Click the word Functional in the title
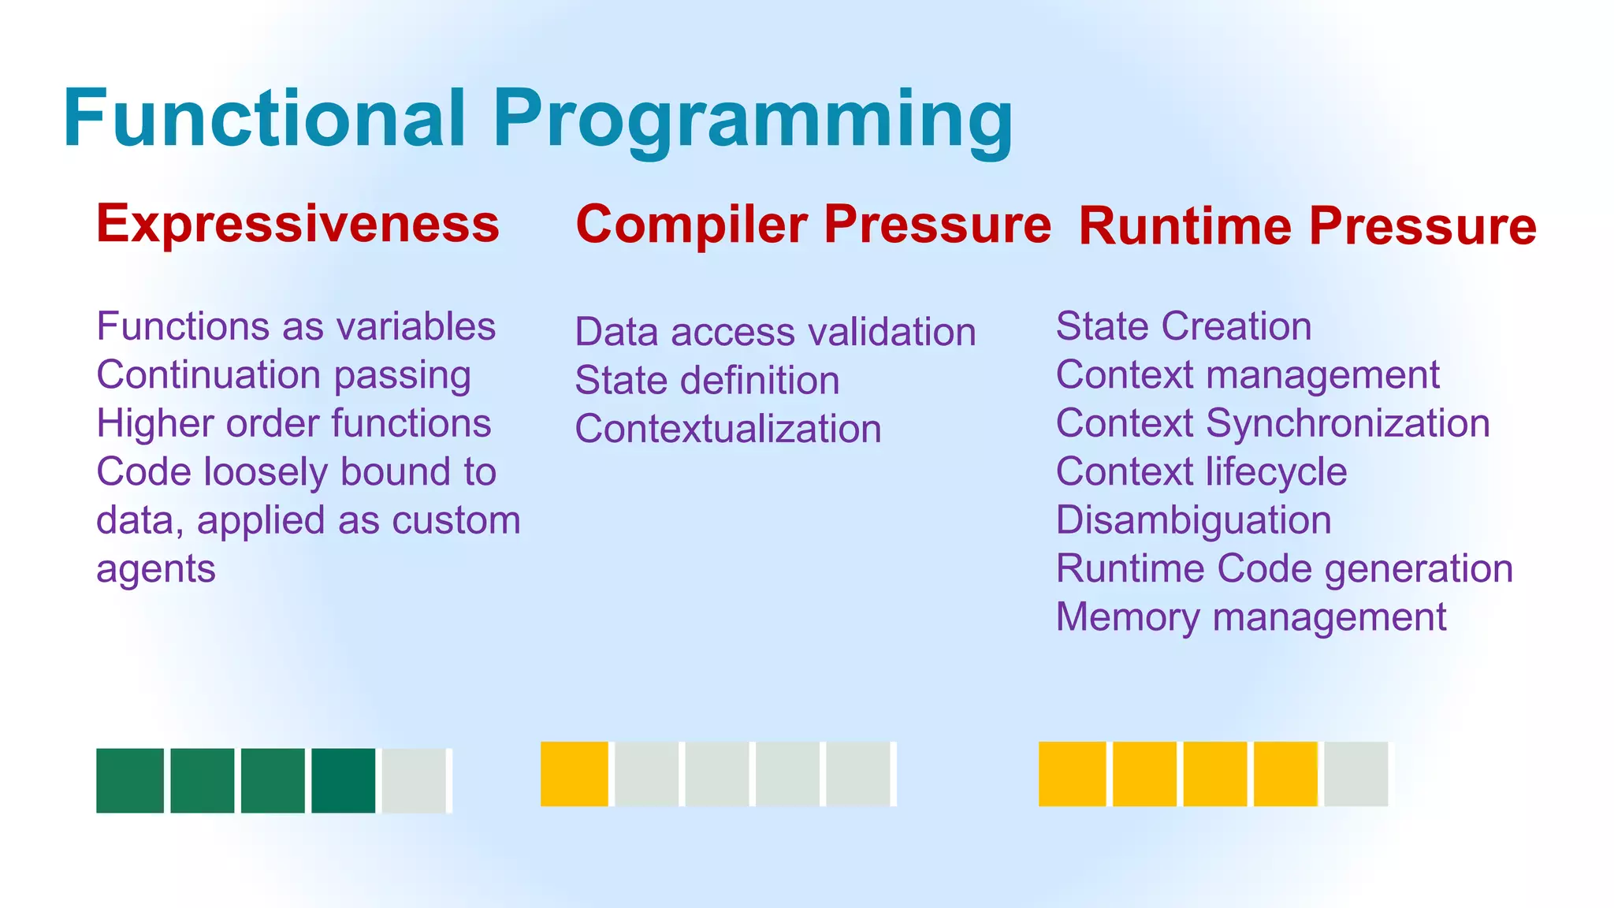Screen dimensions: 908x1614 click(264, 118)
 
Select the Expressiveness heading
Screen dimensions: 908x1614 click(298, 224)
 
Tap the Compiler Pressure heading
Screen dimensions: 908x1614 click(813, 224)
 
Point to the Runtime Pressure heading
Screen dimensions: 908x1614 click(1307, 226)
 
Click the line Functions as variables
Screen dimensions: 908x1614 click(296, 326)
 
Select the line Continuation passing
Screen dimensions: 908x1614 click(284, 375)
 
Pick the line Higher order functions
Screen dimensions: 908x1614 click(293, 423)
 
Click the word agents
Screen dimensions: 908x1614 click(155, 569)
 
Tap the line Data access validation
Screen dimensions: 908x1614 click(775, 332)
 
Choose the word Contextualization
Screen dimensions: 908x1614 click(727, 429)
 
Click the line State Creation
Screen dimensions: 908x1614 click(1183, 326)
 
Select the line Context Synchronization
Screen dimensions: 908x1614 click(1272, 423)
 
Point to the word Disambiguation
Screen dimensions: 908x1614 click(1193, 520)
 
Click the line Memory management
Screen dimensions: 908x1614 click(1250, 617)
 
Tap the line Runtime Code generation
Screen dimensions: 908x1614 click(1284, 568)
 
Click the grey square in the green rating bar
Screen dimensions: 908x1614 click(415, 780)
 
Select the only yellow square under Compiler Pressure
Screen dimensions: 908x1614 click(574, 774)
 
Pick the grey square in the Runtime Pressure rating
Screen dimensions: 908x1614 click(1356, 774)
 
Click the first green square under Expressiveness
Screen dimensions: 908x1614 click(130, 780)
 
